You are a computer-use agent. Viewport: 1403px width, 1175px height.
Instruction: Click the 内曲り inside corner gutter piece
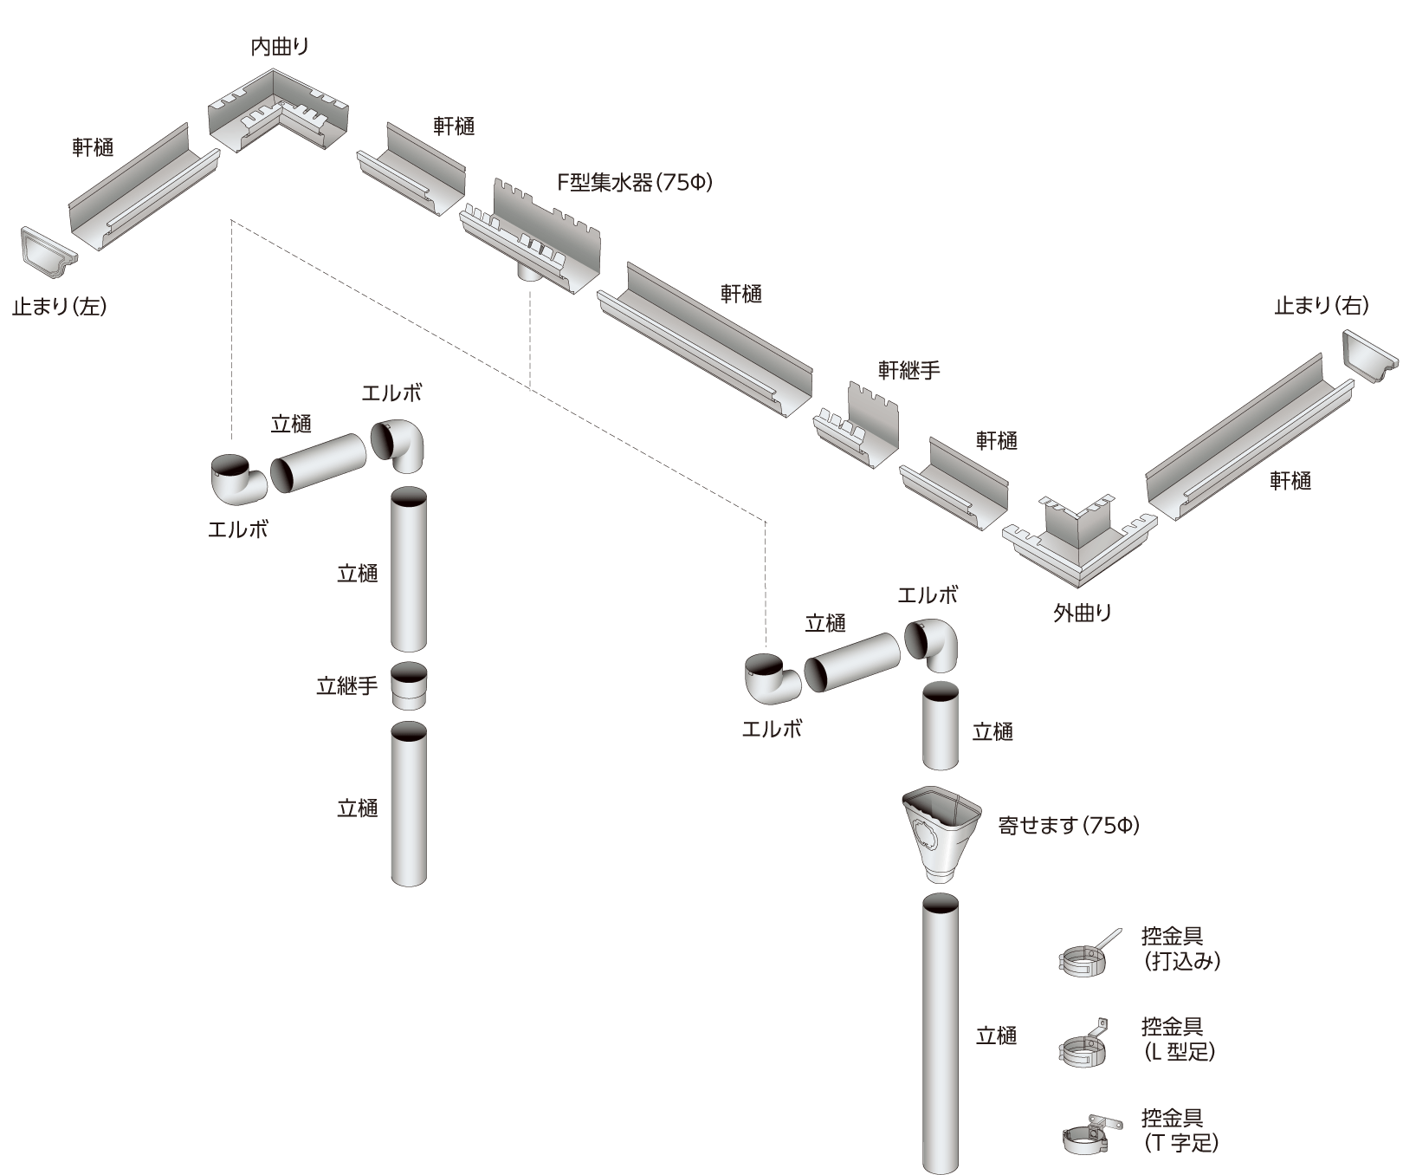[279, 113]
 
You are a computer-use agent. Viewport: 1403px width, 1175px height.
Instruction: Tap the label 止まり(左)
[59, 306]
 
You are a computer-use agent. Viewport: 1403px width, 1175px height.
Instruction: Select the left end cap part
[48, 252]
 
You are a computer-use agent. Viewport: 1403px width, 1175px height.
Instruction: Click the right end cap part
[1368, 355]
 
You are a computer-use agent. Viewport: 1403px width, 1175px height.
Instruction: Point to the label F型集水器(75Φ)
[635, 183]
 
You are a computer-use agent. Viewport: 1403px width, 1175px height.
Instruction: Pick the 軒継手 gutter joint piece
[856, 423]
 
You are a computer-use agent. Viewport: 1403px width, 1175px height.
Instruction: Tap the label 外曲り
[1083, 613]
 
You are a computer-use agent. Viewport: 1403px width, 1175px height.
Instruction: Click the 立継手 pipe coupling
[409, 686]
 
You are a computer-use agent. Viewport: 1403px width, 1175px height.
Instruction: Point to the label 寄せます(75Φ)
[1069, 826]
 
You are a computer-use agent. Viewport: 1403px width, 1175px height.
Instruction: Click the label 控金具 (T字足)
[1180, 1131]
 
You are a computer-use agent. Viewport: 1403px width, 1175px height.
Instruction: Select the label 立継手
[346, 686]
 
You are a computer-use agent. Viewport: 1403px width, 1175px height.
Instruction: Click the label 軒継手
[908, 370]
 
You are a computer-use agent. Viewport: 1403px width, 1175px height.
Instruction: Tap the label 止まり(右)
[1322, 305]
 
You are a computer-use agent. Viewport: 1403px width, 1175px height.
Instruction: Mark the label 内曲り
[280, 47]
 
